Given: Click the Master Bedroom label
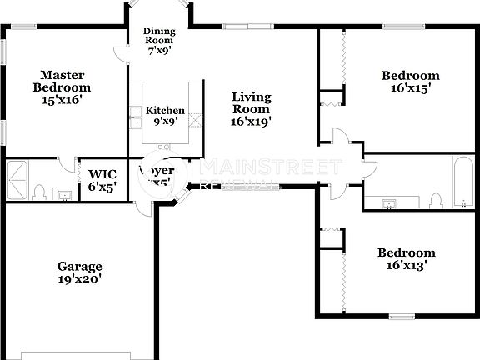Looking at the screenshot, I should (62, 87).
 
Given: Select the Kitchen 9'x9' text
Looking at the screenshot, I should (165, 116).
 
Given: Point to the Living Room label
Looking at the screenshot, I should (251, 108).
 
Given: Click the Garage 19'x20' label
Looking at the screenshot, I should (79, 273).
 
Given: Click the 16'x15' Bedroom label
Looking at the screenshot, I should (409, 80).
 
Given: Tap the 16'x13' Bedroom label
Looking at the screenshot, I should (406, 259).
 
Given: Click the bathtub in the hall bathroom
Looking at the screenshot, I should (461, 182).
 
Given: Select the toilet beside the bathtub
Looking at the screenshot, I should (434, 199).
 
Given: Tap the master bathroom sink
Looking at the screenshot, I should (62, 195).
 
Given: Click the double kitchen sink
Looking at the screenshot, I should (134, 116).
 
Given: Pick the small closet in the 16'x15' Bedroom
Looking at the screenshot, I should (331, 97).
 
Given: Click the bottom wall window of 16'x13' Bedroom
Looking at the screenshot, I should (402, 317).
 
